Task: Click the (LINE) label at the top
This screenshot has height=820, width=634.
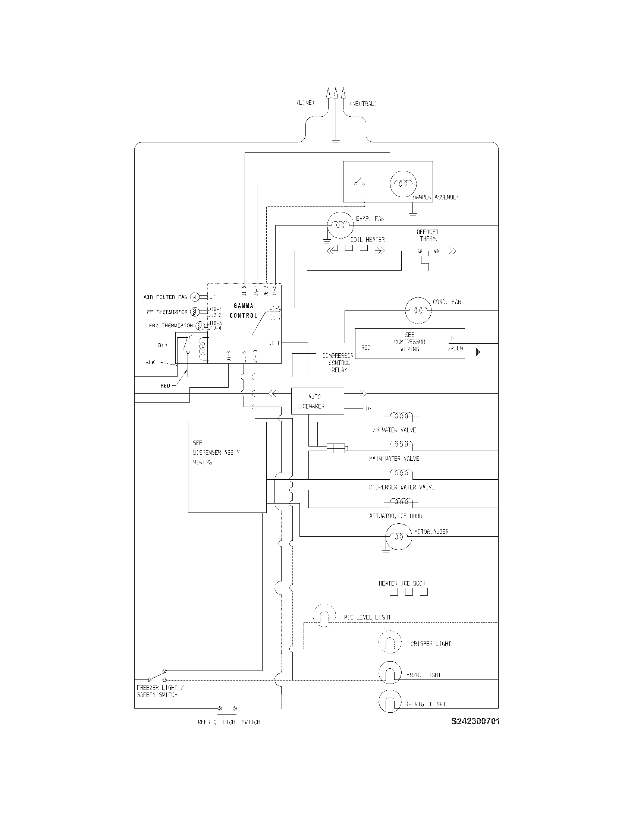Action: coord(305,103)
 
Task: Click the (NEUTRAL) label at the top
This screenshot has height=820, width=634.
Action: coord(363,104)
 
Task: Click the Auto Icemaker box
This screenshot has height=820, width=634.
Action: coord(317,401)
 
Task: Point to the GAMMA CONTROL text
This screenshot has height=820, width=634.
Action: coord(244,310)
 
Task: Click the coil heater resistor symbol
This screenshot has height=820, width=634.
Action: coord(357,249)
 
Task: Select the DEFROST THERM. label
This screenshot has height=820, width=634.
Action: coord(427,235)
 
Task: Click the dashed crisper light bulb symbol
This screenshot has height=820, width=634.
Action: coord(390,643)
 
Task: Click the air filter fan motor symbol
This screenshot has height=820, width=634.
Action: coord(194,297)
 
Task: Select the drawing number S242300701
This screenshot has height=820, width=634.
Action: coord(475,721)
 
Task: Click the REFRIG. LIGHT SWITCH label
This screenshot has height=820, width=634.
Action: coord(229,722)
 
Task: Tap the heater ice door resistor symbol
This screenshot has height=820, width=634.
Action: coord(409,592)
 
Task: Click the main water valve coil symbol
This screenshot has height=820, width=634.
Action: coord(401,446)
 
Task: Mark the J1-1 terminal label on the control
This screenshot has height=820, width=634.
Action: coord(274,343)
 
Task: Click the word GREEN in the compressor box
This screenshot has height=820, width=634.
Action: coord(455,348)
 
